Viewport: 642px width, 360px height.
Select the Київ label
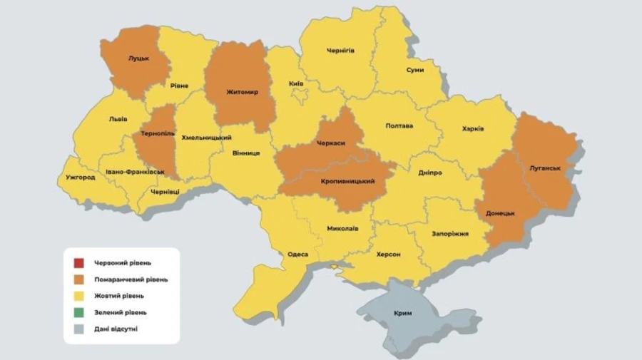tap(296, 84)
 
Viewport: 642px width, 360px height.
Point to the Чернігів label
tap(340, 51)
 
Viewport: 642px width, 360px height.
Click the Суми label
tap(414, 70)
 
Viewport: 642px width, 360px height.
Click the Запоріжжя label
tap(449, 233)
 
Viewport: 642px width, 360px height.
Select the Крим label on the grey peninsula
tap(402, 314)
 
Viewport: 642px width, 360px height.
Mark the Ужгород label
tap(80, 178)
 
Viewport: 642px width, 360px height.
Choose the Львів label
tap(118, 120)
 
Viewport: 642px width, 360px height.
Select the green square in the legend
tap(78, 312)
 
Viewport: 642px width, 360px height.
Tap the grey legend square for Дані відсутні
tap(78, 328)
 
